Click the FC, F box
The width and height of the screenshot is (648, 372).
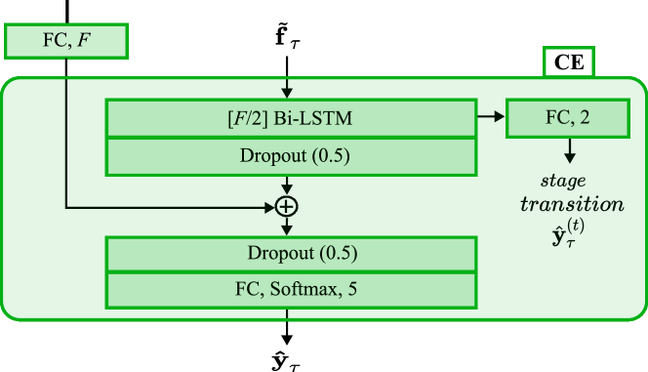pyautogui.click(x=65, y=42)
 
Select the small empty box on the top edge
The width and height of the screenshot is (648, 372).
pyautogui.click(x=568, y=62)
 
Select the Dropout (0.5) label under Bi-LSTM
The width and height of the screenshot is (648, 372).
pyautogui.click(x=295, y=156)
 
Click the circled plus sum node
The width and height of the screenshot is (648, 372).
pyautogui.click(x=286, y=206)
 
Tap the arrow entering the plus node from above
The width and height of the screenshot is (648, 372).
pyautogui.click(x=287, y=185)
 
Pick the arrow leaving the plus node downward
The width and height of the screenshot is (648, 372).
pyautogui.click(x=287, y=227)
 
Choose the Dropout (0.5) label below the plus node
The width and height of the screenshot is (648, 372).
pyautogui.click(x=302, y=254)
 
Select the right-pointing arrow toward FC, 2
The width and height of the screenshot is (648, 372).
pyautogui.click(x=491, y=117)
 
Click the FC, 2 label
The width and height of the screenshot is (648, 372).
pyautogui.click(x=567, y=117)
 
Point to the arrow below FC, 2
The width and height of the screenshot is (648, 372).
pyautogui.click(x=569, y=150)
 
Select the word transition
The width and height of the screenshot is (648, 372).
pyautogui.click(x=572, y=205)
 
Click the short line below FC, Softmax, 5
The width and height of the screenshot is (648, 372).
pyautogui.click(x=287, y=313)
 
